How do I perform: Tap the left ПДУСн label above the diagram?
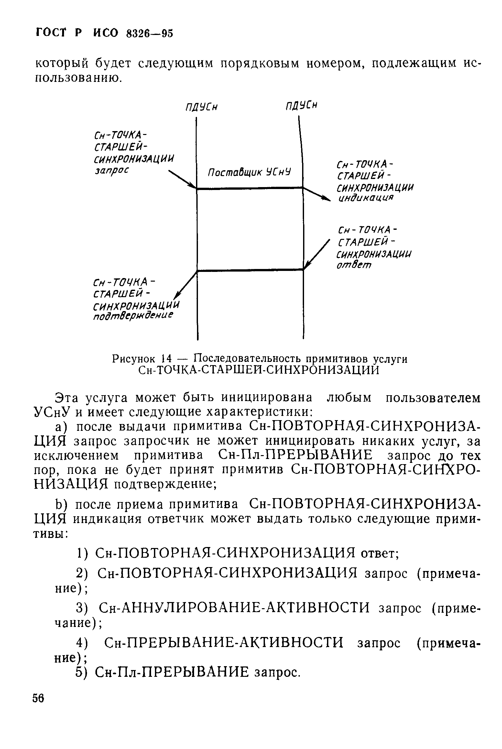[201, 107]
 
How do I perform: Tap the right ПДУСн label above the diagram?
[300, 106]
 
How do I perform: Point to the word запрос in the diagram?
[111, 171]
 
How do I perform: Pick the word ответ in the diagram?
[354, 265]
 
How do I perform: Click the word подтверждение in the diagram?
[133, 316]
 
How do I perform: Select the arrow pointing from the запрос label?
[182, 180]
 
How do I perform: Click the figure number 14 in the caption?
[166, 359]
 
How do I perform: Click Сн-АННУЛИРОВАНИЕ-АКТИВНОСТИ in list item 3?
[234, 608]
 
